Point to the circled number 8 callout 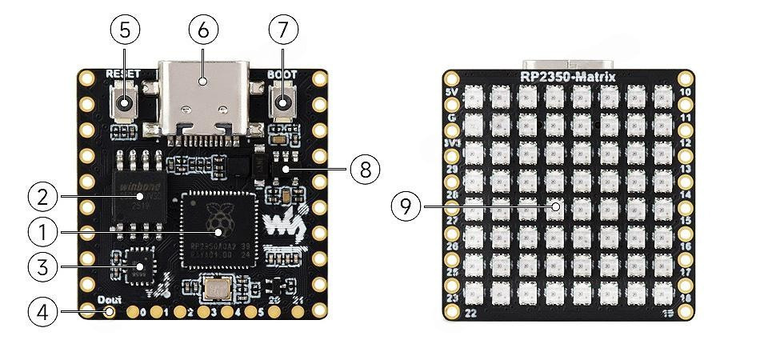point(364,169)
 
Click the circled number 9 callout point(406,206)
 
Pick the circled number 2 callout point(42,196)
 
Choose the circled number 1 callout point(42,233)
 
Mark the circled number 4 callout point(42,310)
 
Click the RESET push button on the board point(125,103)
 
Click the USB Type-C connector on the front point(202,100)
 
